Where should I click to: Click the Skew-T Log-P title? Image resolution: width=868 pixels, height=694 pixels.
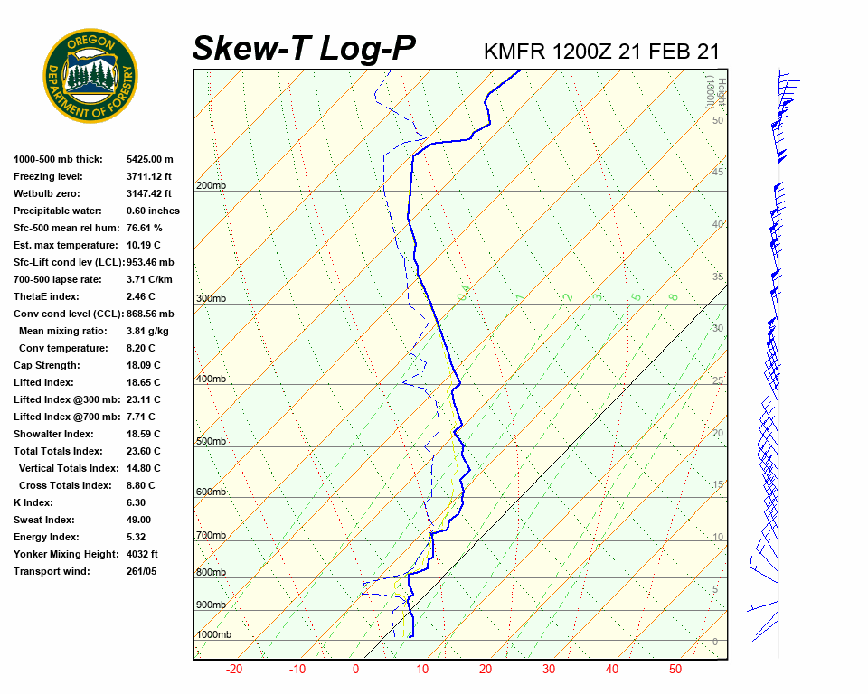click(304, 49)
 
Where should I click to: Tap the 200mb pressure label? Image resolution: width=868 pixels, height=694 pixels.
click(211, 186)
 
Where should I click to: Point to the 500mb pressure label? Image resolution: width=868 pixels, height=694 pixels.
click(211, 442)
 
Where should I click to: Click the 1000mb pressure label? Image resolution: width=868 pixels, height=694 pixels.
click(213, 635)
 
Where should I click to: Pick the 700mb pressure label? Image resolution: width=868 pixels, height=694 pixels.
click(211, 536)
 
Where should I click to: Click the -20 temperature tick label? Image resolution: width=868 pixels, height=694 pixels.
click(234, 670)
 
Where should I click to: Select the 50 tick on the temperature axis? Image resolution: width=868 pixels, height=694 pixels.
click(675, 670)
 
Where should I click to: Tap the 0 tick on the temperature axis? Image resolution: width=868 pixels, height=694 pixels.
click(355, 670)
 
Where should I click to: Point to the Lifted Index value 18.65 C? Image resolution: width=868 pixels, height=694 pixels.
click(143, 382)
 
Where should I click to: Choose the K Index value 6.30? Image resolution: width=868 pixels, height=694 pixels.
click(136, 502)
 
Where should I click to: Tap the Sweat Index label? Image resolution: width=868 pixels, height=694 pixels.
click(44, 520)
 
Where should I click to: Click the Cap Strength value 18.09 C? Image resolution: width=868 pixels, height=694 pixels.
click(143, 365)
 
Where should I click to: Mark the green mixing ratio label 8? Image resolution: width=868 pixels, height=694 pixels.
click(673, 296)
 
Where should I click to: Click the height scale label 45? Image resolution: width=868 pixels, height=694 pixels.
click(717, 172)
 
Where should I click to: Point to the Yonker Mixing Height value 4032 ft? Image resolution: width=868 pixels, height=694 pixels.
click(142, 554)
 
